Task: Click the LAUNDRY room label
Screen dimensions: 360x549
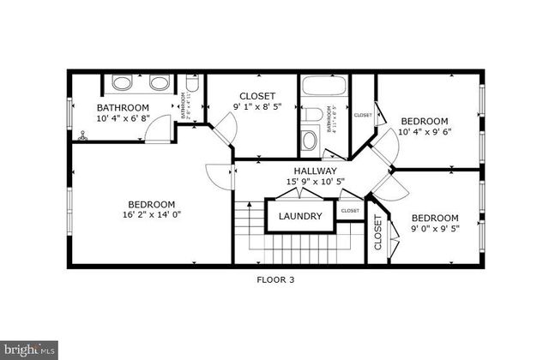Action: tap(299, 216)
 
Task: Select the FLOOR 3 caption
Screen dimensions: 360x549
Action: tap(274, 279)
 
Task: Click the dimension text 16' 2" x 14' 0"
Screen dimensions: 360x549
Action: tap(151, 216)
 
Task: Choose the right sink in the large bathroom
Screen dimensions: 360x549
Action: tap(158, 83)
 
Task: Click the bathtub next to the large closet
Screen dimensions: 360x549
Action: tap(324, 86)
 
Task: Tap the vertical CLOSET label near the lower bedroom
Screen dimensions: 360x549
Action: tap(377, 231)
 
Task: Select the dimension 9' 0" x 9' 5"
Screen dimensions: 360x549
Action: tap(434, 229)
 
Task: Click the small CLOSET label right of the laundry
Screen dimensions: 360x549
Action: tap(350, 211)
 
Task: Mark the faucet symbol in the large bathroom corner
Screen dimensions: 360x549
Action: tap(83, 135)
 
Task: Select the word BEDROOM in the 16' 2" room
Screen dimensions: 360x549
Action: tap(151, 204)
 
